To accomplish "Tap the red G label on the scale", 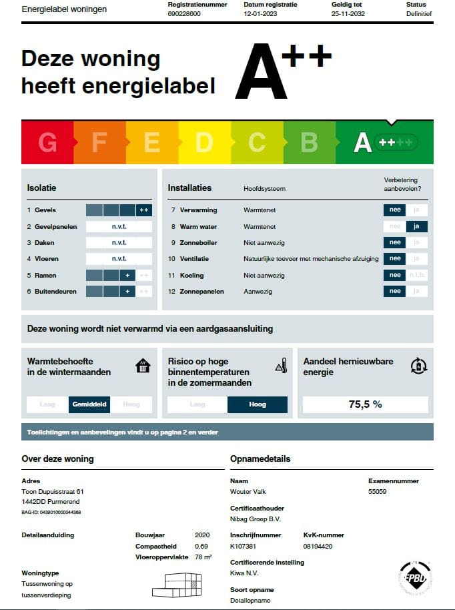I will tap(47, 142).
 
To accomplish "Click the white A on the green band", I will tap(362, 142).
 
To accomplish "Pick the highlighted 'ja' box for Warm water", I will tap(416, 226).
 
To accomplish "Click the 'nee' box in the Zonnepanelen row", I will tap(395, 291).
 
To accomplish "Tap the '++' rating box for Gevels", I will tap(144, 210).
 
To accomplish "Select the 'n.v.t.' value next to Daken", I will tap(119, 242).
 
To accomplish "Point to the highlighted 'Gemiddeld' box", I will tap(89, 404).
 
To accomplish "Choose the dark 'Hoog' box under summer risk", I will tap(257, 404).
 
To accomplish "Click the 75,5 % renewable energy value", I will tap(365, 404).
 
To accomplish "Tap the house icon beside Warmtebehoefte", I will tap(143, 366).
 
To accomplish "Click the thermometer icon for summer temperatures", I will tap(281, 366).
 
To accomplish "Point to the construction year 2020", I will tap(202, 535).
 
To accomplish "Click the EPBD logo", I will tap(414, 576).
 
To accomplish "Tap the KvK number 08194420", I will tap(318, 546).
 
